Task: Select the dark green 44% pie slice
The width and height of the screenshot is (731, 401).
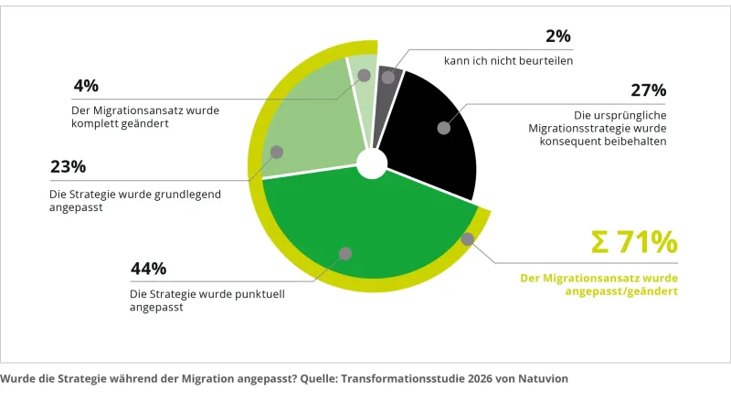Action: pyautogui.click(x=368, y=224)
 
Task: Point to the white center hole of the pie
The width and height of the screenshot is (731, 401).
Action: pyautogui.click(x=372, y=164)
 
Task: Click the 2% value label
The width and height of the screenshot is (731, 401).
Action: pyautogui.click(x=558, y=36)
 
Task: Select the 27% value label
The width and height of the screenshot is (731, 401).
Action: pyautogui.click(x=649, y=90)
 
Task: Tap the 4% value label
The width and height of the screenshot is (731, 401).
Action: pyautogui.click(x=86, y=86)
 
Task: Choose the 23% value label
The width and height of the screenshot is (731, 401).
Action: pyautogui.click(x=68, y=166)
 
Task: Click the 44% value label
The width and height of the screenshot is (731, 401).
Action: pyautogui.click(x=148, y=269)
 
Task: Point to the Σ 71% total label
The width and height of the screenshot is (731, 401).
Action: pyautogui.click(x=634, y=242)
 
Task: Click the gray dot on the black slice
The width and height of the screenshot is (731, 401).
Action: pyautogui.click(x=444, y=128)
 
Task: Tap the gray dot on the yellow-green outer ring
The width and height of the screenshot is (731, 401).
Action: pyautogui.click(x=468, y=239)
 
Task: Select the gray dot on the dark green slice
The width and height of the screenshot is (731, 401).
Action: pyautogui.click(x=345, y=254)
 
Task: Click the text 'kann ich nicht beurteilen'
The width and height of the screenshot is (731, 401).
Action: pyautogui.click(x=508, y=60)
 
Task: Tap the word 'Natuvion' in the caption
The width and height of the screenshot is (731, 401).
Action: pyautogui.click(x=543, y=378)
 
